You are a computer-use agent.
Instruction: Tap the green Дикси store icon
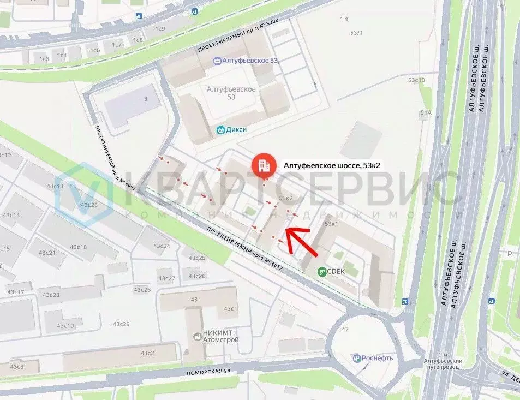[220, 130]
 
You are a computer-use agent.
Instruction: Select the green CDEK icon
[323, 271]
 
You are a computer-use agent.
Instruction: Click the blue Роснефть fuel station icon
[357, 359]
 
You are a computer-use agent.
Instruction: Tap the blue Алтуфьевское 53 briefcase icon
[217, 61]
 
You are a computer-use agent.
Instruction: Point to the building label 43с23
[89, 205]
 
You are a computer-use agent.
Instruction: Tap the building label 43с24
[162, 246]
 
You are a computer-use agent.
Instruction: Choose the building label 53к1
[331, 224]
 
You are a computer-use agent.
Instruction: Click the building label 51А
[426, 113]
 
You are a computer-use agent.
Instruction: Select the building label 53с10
[416, 80]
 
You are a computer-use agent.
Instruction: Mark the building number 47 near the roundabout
[345, 329]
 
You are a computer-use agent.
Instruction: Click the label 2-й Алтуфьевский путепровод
[443, 365]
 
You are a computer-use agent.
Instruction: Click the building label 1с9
[160, 28]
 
